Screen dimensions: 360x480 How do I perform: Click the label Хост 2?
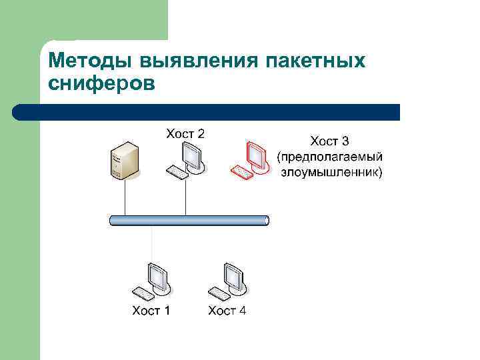click(x=185, y=133)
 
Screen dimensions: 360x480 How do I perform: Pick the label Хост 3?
click(x=330, y=141)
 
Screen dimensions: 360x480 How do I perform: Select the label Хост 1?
click(x=151, y=311)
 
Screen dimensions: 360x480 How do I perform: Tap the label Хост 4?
click(x=227, y=311)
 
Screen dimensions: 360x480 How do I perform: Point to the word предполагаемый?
click(x=329, y=157)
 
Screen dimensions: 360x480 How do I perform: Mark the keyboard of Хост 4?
click(x=218, y=291)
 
